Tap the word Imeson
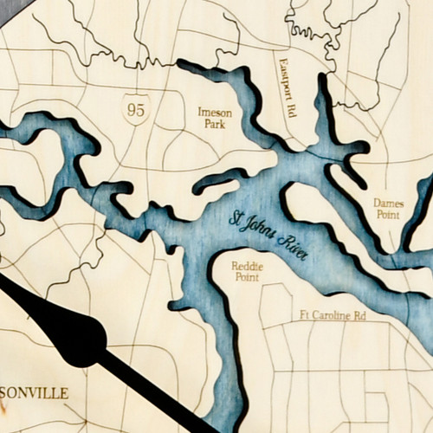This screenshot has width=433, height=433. [x=216, y=112]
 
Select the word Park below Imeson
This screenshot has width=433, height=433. [x=215, y=124]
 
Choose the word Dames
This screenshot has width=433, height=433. [x=388, y=203]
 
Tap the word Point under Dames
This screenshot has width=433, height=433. [x=388, y=214]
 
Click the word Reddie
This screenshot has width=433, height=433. [x=247, y=266]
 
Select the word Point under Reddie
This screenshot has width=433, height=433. [x=247, y=277]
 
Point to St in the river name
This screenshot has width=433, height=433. [x=236, y=217]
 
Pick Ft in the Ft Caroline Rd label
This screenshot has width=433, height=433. [x=305, y=316]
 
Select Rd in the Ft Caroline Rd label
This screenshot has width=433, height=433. [x=359, y=316]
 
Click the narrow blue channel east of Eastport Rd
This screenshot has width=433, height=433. [x=326, y=113]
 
